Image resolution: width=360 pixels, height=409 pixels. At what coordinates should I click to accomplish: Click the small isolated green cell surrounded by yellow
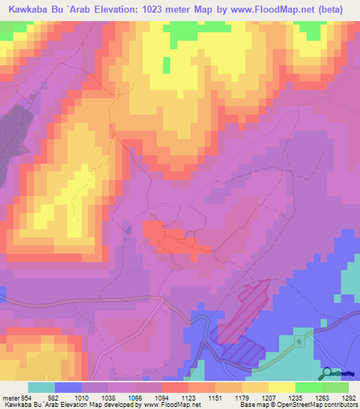(x=166, y=65)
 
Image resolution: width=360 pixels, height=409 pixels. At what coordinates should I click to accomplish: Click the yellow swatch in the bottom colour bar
(x=281, y=387)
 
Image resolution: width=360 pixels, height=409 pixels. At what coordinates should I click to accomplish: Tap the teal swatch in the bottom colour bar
(x=41, y=387)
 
